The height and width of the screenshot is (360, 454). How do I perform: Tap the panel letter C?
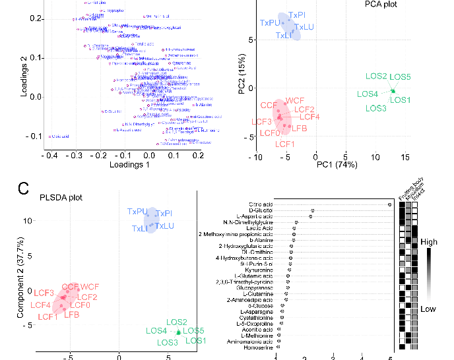point(22,189)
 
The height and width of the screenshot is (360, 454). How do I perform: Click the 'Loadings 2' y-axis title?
point(24,77)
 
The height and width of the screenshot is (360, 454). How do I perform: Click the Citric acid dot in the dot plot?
point(391,205)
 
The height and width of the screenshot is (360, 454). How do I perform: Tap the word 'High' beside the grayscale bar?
point(428,242)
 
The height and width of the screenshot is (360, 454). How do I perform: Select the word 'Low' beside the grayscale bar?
point(428,309)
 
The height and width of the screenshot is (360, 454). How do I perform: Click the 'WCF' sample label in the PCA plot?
point(294,102)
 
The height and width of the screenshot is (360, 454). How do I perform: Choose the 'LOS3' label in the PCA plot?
point(377,108)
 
